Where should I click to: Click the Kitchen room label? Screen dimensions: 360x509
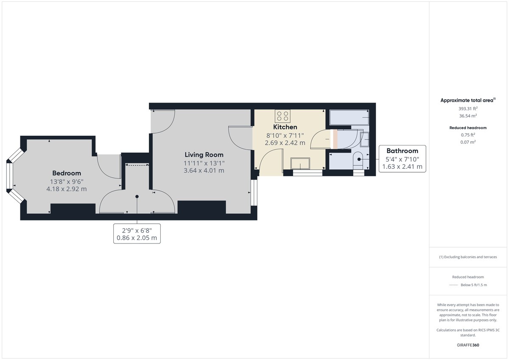(x=285, y=127)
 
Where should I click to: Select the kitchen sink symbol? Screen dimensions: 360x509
(x=300, y=163)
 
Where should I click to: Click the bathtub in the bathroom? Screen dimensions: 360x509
(x=349, y=117)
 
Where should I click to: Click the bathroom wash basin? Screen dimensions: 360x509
(x=365, y=139)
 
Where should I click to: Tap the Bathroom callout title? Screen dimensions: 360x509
(x=402, y=151)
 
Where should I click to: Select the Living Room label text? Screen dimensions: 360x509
(x=204, y=155)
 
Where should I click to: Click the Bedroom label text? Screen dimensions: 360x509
(x=67, y=173)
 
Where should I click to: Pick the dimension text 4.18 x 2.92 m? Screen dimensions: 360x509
(x=67, y=189)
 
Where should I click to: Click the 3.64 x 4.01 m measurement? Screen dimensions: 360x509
(x=204, y=170)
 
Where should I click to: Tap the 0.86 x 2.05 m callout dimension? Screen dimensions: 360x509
(x=137, y=238)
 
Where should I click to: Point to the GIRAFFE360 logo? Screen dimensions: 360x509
(x=468, y=345)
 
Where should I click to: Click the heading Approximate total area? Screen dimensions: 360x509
(x=467, y=100)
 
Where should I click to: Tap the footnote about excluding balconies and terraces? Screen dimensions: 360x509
(x=468, y=257)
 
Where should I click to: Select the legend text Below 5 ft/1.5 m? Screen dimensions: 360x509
(x=474, y=285)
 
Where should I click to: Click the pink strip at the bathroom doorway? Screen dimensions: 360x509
(x=334, y=140)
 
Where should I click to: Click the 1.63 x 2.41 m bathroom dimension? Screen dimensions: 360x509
(x=402, y=167)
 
